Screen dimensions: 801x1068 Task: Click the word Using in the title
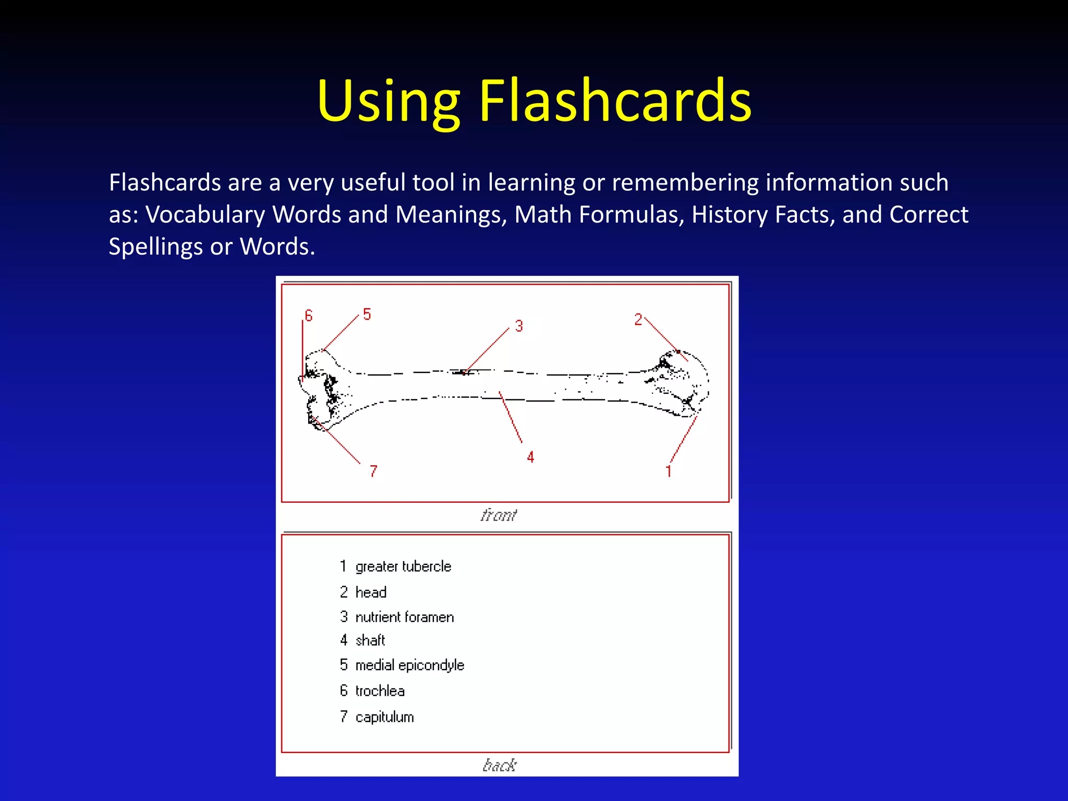[x=389, y=102]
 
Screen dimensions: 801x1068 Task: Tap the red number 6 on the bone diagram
[x=309, y=315]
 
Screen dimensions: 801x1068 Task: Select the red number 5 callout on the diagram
[x=367, y=314]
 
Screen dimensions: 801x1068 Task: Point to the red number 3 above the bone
[x=519, y=326]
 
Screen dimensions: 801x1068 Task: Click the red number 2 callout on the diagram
[x=638, y=320]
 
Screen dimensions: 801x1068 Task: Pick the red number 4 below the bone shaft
[x=530, y=457]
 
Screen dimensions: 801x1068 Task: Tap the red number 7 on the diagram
[x=373, y=471]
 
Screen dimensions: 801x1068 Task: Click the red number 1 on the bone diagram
[x=668, y=471]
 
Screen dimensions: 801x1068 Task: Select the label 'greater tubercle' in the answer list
[x=403, y=566]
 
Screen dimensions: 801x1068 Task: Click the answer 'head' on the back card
[x=371, y=592]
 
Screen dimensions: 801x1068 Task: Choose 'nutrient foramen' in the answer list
[x=405, y=617]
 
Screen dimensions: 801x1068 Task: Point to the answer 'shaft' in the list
[x=370, y=640]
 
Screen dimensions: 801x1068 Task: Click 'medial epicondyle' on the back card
[x=410, y=665]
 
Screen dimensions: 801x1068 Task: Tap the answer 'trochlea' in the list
[x=380, y=691]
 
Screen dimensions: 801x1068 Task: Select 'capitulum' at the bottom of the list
[x=385, y=717]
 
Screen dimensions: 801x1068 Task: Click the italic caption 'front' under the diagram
[x=499, y=515]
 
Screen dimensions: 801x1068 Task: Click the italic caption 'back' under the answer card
[x=500, y=765]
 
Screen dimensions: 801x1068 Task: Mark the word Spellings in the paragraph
[x=155, y=247]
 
